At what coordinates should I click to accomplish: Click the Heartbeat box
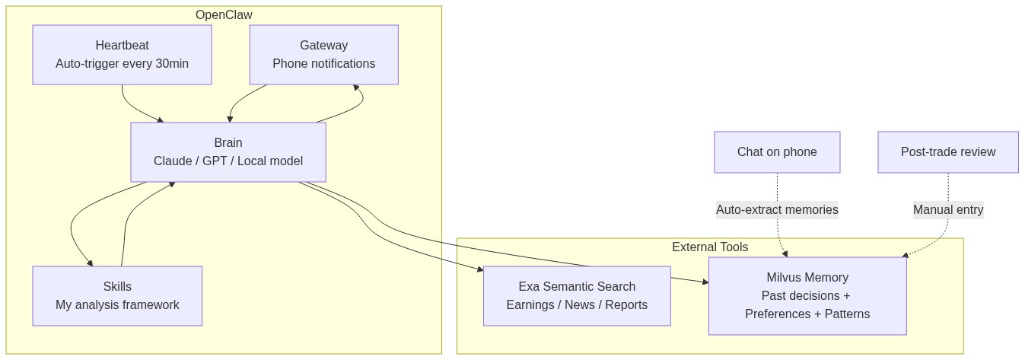click(x=122, y=55)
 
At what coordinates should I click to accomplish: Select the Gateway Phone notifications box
click(x=323, y=55)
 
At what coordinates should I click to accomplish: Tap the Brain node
click(x=228, y=152)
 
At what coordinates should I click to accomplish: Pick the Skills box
click(x=117, y=296)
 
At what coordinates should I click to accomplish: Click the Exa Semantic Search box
click(x=577, y=296)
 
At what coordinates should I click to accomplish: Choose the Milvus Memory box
click(x=807, y=296)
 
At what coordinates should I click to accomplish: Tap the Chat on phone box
click(x=777, y=152)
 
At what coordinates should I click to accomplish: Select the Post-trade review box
click(x=947, y=152)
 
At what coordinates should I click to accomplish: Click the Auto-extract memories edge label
click(x=777, y=209)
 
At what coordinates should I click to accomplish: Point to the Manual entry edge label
click(x=947, y=209)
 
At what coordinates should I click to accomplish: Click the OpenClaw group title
click(x=224, y=15)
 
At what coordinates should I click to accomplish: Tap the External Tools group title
click(x=709, y=247)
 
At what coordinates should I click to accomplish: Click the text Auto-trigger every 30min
click(x=122, y=64)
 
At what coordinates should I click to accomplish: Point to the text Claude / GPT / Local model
click(x=228, y=161)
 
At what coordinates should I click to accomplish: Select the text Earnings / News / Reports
click(x=577, y=305)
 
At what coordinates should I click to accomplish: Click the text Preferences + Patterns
click(x=807, y=314)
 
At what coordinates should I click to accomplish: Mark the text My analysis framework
click(x=117, y=305)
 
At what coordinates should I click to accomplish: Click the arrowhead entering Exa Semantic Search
click(x=479, y=269)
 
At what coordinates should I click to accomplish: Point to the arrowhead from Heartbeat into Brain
click(x=160, y=119)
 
